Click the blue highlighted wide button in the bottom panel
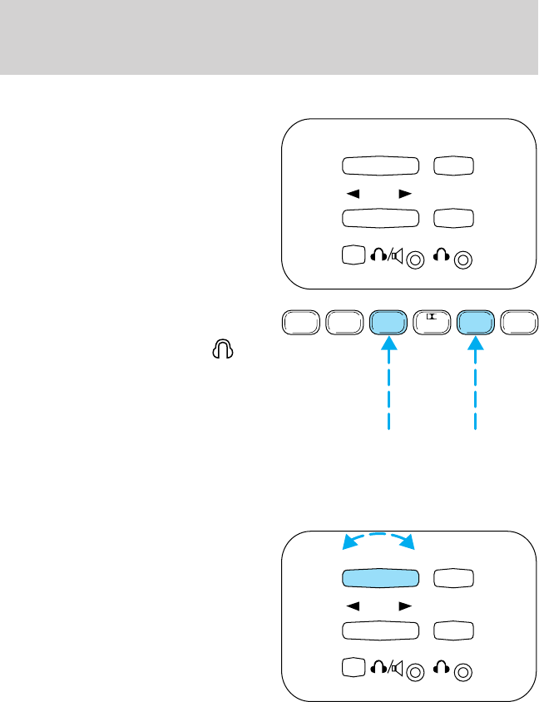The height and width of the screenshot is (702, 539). (379, 580)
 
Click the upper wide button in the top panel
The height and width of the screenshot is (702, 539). (379, 166)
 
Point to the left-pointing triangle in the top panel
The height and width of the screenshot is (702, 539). (353, 193)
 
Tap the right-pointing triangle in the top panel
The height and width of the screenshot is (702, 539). (405, 193)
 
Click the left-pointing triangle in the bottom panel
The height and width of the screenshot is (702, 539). (353, 607)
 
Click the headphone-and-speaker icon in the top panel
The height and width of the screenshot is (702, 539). (387, 256)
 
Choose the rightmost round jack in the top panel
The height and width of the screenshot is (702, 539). (465, 259)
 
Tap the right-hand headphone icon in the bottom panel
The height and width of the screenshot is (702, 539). (442, 670)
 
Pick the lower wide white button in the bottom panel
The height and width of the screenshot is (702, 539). (379, 632)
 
